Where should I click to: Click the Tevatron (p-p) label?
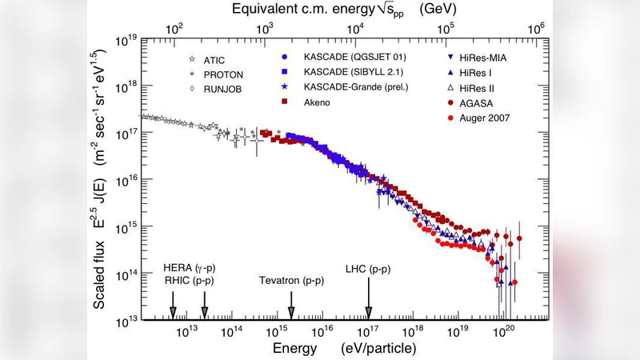point(292,282)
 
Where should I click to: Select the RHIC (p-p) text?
point(189,281)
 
